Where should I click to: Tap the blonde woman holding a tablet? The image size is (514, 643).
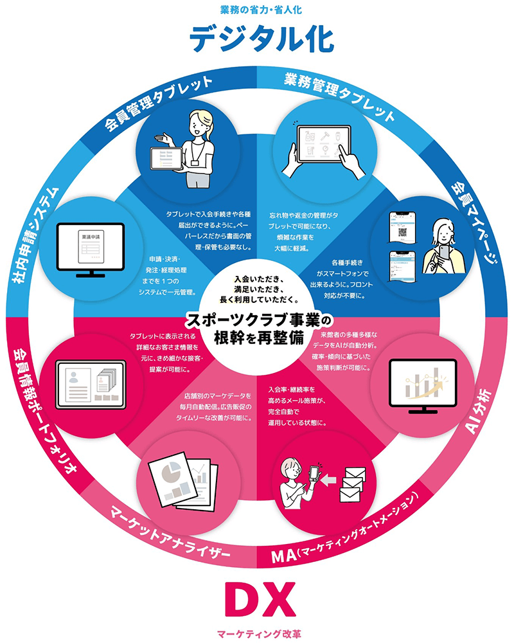pos(193,148)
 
